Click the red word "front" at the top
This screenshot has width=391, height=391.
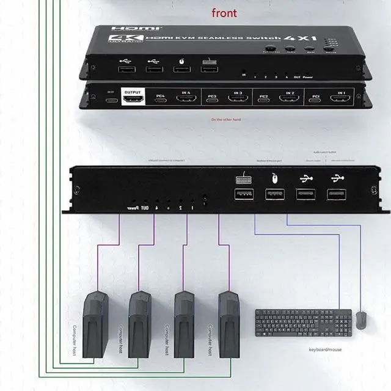tap(225, 13)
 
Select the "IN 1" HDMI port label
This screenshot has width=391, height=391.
tap(341, 93)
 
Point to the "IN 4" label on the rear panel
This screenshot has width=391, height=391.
tap(185, 92)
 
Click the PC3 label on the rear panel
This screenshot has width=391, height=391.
tap(213, 96)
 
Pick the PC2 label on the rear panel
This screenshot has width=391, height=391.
tap(263, 97)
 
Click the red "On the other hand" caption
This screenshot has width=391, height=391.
tap(225, 120)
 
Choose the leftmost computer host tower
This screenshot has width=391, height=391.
tap(95, 324)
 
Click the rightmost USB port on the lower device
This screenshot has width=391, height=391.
tap(335, 195)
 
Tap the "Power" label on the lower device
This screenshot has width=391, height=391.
tap(132, 208)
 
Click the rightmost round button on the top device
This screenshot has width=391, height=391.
tap(329, 54)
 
